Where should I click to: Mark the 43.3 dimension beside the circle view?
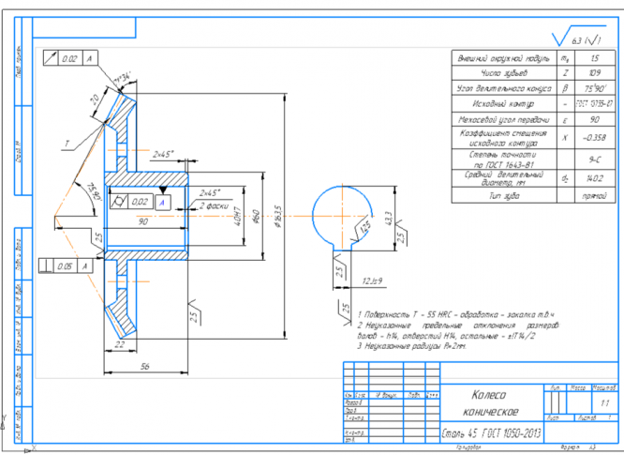[387, 219]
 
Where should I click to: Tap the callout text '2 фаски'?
[217, 205]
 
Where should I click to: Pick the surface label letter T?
[67, 144]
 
